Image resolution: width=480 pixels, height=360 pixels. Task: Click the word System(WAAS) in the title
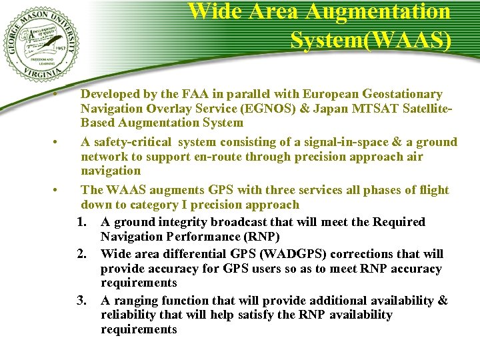point(371,40)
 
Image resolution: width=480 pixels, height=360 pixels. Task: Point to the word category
point(150,205)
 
